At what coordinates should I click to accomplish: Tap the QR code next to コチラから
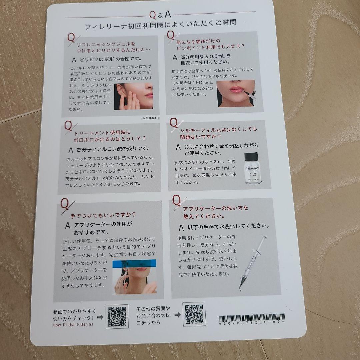click(x=194, y=314)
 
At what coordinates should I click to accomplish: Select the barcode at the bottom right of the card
click(x=251, y=317)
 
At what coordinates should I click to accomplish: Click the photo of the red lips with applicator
click(x=236, y=93)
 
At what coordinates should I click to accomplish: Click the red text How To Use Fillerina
click(x=73, y=324)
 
